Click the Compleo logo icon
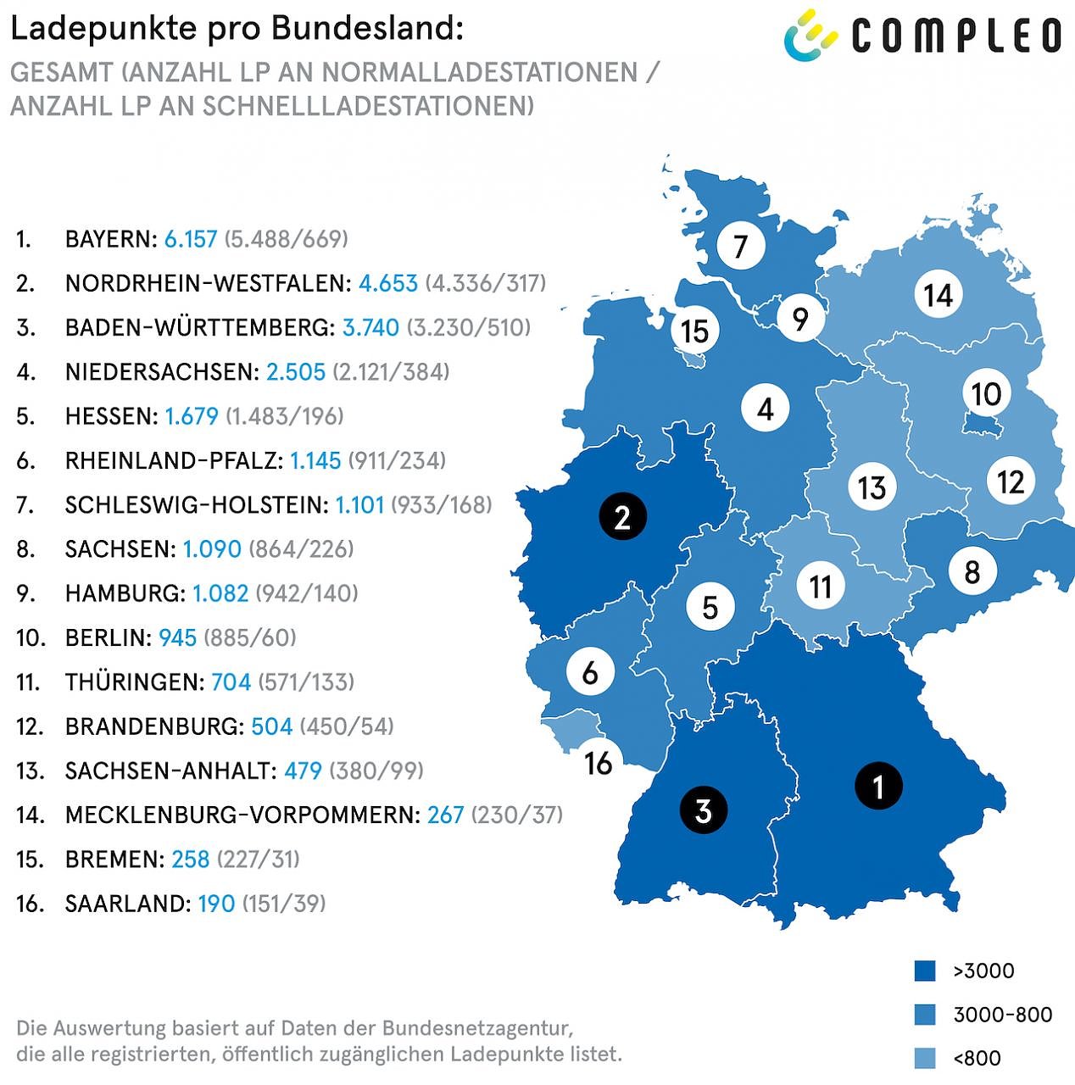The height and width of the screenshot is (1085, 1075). [810, 36]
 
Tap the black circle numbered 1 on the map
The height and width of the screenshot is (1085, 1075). [877, 786]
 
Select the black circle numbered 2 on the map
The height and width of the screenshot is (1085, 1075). [622, 516]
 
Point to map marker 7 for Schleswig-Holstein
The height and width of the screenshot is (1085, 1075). [740, 246]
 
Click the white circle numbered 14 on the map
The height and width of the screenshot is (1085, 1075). [939, 295]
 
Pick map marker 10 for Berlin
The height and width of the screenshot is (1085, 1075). [986, 393]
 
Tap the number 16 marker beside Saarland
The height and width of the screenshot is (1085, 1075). [599, 762]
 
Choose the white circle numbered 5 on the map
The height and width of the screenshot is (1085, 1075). [710, 607]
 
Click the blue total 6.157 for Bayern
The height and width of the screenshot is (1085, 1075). [191, 239]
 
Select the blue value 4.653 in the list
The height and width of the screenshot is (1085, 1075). [388, 283]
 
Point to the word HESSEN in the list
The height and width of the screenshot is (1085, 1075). [111, 416]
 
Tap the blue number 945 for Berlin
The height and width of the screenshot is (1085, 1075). [177, 637]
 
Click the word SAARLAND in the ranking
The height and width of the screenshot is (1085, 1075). [127, 904]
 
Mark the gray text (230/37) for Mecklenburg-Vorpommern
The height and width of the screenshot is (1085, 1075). [516, 815]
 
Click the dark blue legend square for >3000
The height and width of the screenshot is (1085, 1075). [924, 971]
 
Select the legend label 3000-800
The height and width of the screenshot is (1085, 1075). [1002, 1015]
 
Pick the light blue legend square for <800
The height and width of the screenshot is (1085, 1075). [924, 1058]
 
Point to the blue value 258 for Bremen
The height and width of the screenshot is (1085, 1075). [190, 860]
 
